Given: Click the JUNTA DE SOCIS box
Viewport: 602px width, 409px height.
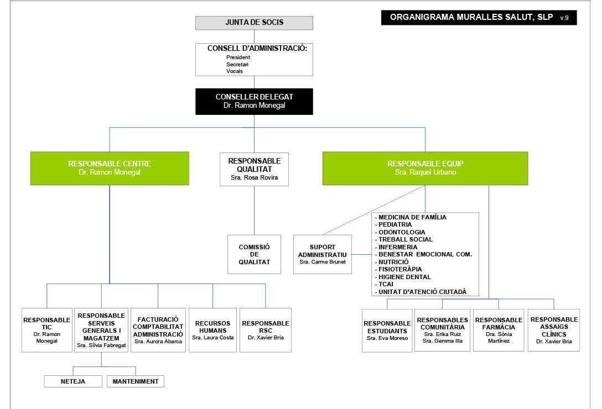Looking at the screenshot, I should [x=254, y=23].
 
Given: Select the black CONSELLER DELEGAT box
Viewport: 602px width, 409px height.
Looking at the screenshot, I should [x=254, y=101].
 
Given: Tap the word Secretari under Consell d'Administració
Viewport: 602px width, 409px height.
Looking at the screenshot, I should [x=237, y=64].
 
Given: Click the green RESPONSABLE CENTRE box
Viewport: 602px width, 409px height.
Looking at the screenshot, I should [x=110, y=168].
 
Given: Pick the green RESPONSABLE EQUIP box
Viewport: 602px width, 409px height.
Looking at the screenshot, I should [x=425, y=168].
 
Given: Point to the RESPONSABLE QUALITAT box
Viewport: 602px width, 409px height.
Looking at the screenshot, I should [x=254, y=169].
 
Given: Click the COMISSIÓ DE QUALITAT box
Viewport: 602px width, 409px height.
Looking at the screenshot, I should [x=254, y=254].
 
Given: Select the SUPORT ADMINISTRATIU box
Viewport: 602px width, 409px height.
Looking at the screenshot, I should [x=322, y=254].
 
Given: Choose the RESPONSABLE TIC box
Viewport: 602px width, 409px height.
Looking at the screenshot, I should [x=46, y=330].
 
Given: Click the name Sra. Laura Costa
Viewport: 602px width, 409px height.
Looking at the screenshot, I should [x=212, y=337].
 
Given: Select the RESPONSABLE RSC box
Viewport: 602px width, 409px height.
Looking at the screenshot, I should [x=266, y=330].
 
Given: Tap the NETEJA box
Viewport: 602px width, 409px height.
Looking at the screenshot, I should [x=73, y=381].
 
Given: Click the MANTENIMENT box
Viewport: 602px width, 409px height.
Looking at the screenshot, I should [x=135, y=381].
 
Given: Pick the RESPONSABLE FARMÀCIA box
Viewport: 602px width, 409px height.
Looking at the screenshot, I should [x=499, y=330].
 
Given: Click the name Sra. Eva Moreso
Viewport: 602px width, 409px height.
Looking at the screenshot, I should [x=387, y=338].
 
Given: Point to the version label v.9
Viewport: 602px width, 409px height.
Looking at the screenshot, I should [x=564, y=18].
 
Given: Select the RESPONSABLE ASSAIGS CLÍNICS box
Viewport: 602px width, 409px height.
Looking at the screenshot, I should [x=553, y=330].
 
